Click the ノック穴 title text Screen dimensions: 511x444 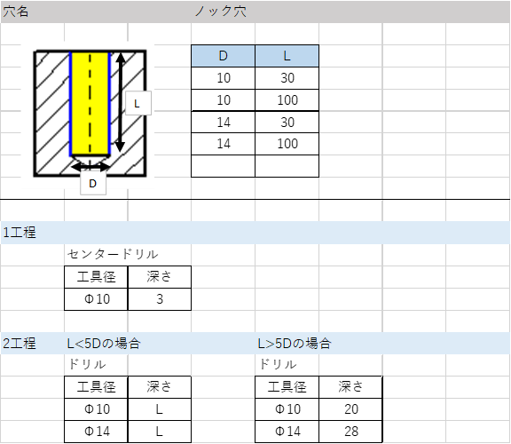tap(221, 12)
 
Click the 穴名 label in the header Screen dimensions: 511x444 tap(16, 12)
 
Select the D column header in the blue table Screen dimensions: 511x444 tap(223, 56)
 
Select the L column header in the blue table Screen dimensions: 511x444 tap(287, 56)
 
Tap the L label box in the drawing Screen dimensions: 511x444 tap(138, 103)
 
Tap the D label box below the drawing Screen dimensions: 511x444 tap(93, 183)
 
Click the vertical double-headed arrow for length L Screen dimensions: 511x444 tap(121, 102)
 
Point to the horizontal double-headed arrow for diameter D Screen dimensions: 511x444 tap(90, 167)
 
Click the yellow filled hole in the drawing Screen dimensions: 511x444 tap(90, 103)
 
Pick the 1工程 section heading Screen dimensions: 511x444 tap(20, 233)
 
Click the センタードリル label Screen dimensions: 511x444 tap(113, 255)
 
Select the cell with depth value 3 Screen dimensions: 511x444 tap(160, 299)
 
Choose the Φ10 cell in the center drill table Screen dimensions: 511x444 tap(96, 299)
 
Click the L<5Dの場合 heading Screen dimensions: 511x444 tap(104, 344)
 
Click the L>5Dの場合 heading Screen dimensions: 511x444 tap(295, 344)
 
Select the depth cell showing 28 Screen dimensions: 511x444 tap(350, 432)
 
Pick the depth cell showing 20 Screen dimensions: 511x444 tap(350, 409)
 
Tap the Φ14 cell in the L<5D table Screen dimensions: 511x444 tap(96, 432)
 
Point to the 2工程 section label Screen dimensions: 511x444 tap(20, 344)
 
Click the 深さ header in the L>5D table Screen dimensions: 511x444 tap(350, 387)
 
